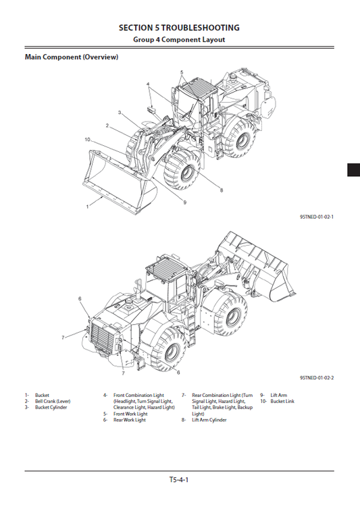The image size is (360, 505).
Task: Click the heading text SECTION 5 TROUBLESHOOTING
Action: click(x=179, y=28)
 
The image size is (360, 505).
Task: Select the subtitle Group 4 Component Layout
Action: click(x=179, y=40)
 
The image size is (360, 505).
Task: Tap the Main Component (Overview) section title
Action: click(x=72, y=57)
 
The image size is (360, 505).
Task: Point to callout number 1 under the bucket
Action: click(x=87, y=207)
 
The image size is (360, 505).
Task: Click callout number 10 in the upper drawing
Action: click(x=88, y=140)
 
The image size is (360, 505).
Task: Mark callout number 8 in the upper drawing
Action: click(x=222, y=190)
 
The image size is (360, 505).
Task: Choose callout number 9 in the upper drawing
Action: click(x=184, y=202)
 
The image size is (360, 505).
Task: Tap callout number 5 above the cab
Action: click(x=182, y=72)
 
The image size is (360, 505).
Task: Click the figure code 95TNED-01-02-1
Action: click(x=317, y=217)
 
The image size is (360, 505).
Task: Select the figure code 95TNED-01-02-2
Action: click(x=317, y=378)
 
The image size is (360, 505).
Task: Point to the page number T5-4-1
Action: click(x=179, y=480)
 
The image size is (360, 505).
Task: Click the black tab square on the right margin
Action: click(x=353, y=170)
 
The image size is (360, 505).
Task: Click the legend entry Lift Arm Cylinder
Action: click(x=209, y=420)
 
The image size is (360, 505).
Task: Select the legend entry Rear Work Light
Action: click(x=129, y=420)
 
